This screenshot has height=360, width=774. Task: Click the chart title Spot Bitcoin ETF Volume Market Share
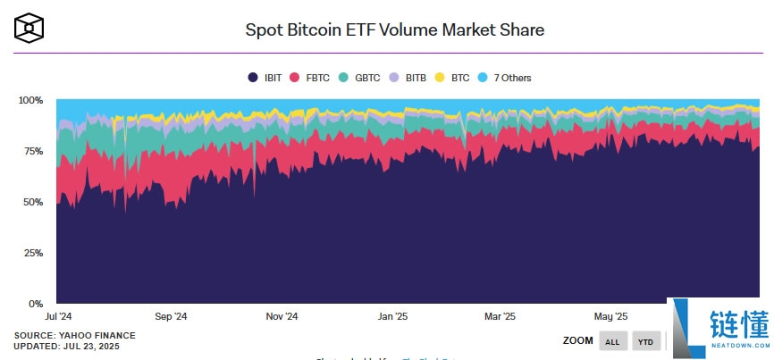[394, 29]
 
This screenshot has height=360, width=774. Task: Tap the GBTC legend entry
[359, 78]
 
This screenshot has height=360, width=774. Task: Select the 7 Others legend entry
[505, 78]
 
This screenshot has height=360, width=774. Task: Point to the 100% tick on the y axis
[30, 100]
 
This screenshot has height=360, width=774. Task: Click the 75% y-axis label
[33, 151]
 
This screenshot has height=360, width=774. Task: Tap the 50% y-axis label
[33, 202]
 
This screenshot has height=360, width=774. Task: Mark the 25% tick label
[33, 253]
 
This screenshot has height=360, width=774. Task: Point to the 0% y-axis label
[36, 304]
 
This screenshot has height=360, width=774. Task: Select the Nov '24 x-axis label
[281, 316]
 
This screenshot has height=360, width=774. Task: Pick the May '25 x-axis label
[611, 316]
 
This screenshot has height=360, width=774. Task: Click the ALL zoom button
[612, 341]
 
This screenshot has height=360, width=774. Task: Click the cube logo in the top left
[29, 28]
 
